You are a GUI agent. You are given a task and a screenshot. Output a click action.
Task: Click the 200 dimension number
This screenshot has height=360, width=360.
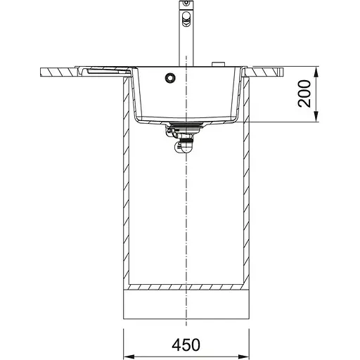pos(304,94)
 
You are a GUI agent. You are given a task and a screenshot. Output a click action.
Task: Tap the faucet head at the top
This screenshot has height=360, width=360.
pos(186,15)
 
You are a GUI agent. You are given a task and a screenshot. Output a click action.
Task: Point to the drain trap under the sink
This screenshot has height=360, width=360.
pos(186,144)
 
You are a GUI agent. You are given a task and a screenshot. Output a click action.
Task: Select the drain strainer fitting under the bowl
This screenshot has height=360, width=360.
pos(184,127)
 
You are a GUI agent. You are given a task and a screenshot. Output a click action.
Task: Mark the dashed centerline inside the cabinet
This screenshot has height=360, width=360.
pos(186,211)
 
